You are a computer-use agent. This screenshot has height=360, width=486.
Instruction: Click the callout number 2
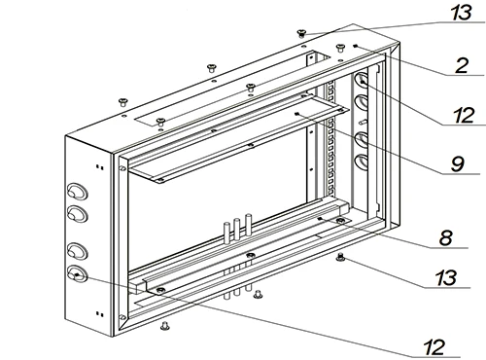tap(462, 65)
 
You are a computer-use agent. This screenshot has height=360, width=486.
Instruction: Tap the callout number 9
tap(458, 163)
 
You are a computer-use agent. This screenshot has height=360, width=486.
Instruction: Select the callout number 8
tap(446, 237)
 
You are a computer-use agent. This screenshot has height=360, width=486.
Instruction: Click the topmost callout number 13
tap(462, 13)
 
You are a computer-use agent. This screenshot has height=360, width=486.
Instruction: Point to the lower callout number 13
tap(446, 278)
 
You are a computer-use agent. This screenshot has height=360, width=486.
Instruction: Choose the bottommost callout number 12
tap(434, 347)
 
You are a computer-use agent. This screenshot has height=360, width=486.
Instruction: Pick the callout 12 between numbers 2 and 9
tap(464, 115)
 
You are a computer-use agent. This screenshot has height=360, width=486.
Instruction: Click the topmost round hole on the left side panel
tap(78, 192)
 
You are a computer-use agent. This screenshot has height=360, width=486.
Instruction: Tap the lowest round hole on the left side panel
tap(78, 274)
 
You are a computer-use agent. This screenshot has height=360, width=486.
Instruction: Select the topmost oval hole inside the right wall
tap(362, 80)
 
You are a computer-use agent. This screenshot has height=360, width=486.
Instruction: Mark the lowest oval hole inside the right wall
tap(362, 162)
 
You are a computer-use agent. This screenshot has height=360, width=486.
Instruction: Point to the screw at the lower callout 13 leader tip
tap(340, 257)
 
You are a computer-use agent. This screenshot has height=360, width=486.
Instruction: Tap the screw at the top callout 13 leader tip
tap(301, 33)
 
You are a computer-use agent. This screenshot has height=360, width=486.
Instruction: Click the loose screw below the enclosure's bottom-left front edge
tap(165, 326)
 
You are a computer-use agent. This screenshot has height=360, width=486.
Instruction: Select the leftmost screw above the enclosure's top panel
tap(122, 102)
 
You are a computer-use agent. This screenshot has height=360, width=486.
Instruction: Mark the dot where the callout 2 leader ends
tap(356, 46)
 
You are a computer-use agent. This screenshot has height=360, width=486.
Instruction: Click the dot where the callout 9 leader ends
tap(296, 114)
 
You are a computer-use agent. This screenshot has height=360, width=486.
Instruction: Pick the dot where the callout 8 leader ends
tap(321, 219)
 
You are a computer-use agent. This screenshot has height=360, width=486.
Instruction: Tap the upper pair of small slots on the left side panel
tap(100, 167)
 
